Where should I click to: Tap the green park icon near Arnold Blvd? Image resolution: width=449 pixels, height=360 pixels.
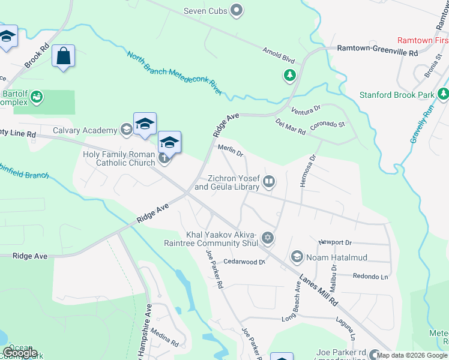click(290, 75)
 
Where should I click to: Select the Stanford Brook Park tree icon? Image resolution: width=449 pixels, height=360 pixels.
click(443, 94)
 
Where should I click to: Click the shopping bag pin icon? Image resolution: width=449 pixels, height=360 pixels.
click(63, 56)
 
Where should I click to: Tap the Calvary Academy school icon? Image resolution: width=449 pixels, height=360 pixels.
click(126, 130)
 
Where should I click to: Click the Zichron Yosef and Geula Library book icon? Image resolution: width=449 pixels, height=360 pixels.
click(270, 181)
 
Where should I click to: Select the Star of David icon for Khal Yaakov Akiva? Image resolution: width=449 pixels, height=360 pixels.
click(268, 239)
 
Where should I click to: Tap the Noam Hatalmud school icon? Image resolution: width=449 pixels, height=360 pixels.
click(297, 257)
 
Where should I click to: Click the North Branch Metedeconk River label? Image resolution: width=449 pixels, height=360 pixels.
click(174, 73)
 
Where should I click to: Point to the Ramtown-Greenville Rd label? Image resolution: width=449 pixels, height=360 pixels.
click(377, 52)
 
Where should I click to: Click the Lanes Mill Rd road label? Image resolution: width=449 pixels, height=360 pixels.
click(319, 292)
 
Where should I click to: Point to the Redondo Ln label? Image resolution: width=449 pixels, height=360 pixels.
click(371, 277)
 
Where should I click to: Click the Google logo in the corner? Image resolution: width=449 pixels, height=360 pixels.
click(20, 353)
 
